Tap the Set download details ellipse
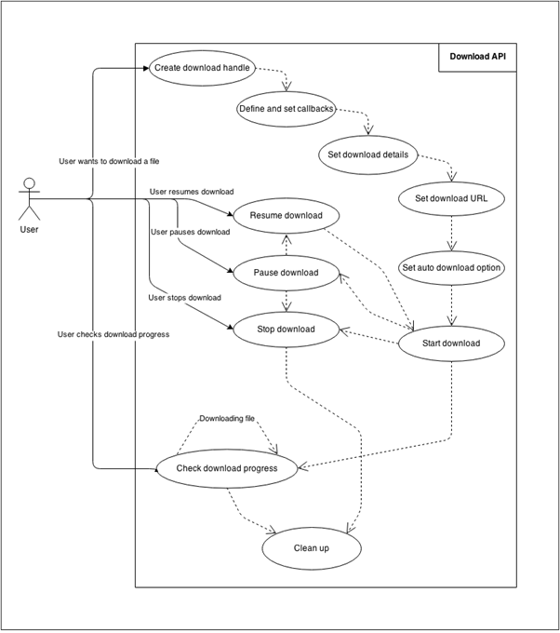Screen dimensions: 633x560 coord(368,154)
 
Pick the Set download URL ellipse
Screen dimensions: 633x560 coord(451,197)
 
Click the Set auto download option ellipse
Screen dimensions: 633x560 coord(451,267)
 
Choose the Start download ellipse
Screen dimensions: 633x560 coord(451,343)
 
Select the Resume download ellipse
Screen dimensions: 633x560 coord(286,216)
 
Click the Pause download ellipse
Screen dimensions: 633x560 coord(286,273)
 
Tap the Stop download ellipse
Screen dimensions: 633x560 coord(286,329)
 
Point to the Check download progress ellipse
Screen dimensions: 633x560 coord(227,468)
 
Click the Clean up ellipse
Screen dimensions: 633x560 coord(312,548)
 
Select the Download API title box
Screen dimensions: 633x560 coord(477,57)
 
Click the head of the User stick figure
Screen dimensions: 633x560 coord(29,183)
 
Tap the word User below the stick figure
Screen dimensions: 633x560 coord(29,229)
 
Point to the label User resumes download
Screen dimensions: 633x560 coord(192,192)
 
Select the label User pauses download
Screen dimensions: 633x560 coord(190,232)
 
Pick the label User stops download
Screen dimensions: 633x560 coord(184,298)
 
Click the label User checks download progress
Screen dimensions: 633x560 coord(113,334)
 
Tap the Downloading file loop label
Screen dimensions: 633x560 coord(227,419)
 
